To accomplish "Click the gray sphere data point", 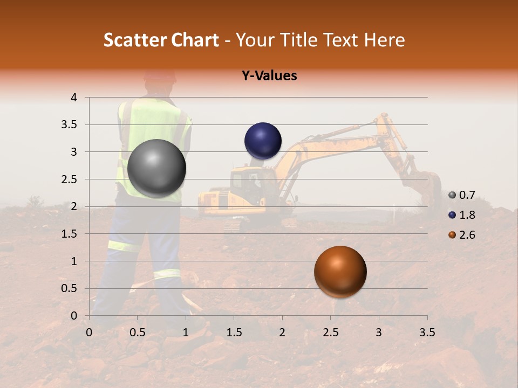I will click(157, 168).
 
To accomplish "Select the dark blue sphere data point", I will click(263, 141).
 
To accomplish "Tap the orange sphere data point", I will click(340, 272).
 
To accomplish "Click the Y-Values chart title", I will click(269, 75).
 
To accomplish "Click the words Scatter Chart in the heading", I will click(161, 40).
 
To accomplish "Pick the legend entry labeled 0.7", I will click(462, 195).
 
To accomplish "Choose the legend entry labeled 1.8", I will click(462, 215).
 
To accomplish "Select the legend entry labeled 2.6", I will click(462, 235).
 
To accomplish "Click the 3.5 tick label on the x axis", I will click(427, 332).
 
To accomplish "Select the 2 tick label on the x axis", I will click(282, 332).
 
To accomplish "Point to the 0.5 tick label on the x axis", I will click(138, 332).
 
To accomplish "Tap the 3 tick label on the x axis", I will click(379, 332).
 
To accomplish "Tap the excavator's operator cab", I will click(248, 183).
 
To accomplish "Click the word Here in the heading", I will click(385, 40).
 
